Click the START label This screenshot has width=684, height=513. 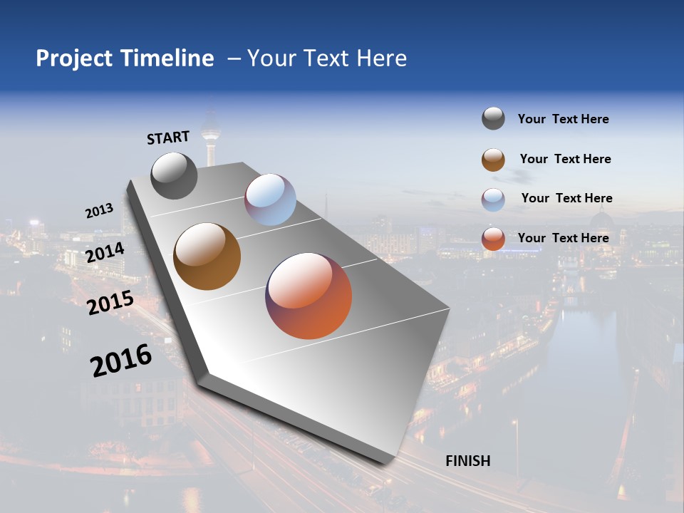(x=168, y=138)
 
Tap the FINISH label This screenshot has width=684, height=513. (x=468, y=461)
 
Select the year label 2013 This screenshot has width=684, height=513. (x=99, y=211)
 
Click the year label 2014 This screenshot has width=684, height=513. (x=105, y=253)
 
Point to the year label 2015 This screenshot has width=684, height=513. (x=110, y=303)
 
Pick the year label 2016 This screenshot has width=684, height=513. (x=121, y=361)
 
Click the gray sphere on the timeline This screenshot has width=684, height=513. (x=174, y=175)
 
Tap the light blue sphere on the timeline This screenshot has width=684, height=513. (x=270, y=199)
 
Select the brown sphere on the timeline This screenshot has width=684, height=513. (x=207, y=256)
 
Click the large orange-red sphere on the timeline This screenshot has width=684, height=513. (x=309, y=296)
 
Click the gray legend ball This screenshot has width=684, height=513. (x=493, y=119)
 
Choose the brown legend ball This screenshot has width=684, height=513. (x=493, y=159)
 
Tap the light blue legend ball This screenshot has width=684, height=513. (x=493, y=199)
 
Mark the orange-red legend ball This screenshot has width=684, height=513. (x=493, y=239)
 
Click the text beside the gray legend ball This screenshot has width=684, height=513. (x=563, y=120)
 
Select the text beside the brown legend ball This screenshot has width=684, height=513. (x=565, y=159)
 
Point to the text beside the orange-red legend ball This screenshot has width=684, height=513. (x=563, y=238)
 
